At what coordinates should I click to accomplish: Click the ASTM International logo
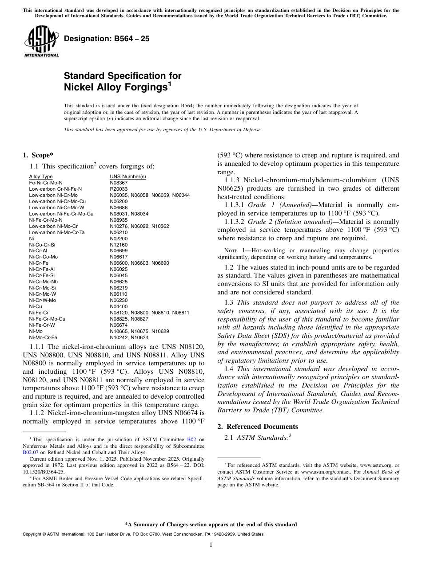tap(42, 42)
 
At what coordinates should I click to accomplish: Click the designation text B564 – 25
tap(107, 39)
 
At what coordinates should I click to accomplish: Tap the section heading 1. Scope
tap(38, 155)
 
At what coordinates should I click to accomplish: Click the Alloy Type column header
tap(41, 176)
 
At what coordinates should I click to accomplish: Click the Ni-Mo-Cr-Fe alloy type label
tap(43, 337)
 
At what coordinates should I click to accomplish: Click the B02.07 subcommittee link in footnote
tap(30, 453)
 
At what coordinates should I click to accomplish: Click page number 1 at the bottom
tap(211, 545)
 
